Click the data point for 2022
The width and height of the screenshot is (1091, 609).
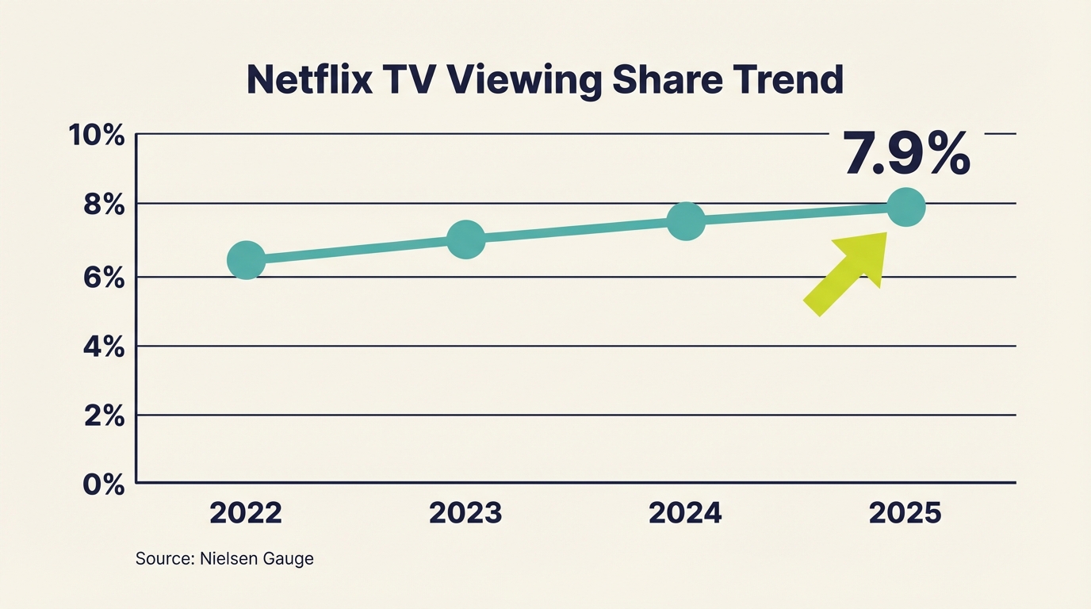(246, 260)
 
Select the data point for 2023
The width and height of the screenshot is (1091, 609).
(466, 239)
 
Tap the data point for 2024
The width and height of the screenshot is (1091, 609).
(686, 221)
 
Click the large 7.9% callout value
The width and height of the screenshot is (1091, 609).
(906, 153)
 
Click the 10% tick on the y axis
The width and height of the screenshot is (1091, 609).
(97, 136)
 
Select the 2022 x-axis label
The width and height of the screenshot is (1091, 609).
(246, 513)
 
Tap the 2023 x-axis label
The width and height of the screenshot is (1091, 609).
(465, 513)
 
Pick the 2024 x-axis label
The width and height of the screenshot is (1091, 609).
(685, 513)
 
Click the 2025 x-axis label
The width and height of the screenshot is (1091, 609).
(905, 513)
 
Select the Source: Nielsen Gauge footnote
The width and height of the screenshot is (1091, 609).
(224, 559)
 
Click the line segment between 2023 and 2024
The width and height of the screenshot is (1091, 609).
(576, 231)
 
